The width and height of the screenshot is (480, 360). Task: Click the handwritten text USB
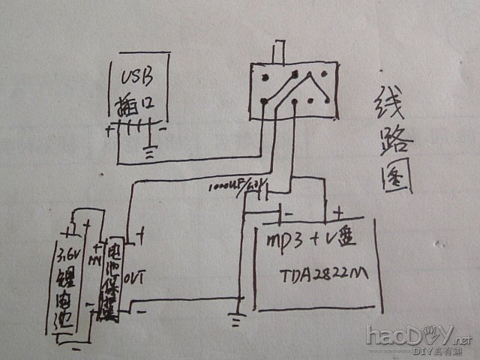tap(136, 76)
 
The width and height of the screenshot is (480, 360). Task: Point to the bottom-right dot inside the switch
tap(322, 100)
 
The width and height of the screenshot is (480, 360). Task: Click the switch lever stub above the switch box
tap(280, 53)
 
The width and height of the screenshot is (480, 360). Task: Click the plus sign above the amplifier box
tap(339, 213)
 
